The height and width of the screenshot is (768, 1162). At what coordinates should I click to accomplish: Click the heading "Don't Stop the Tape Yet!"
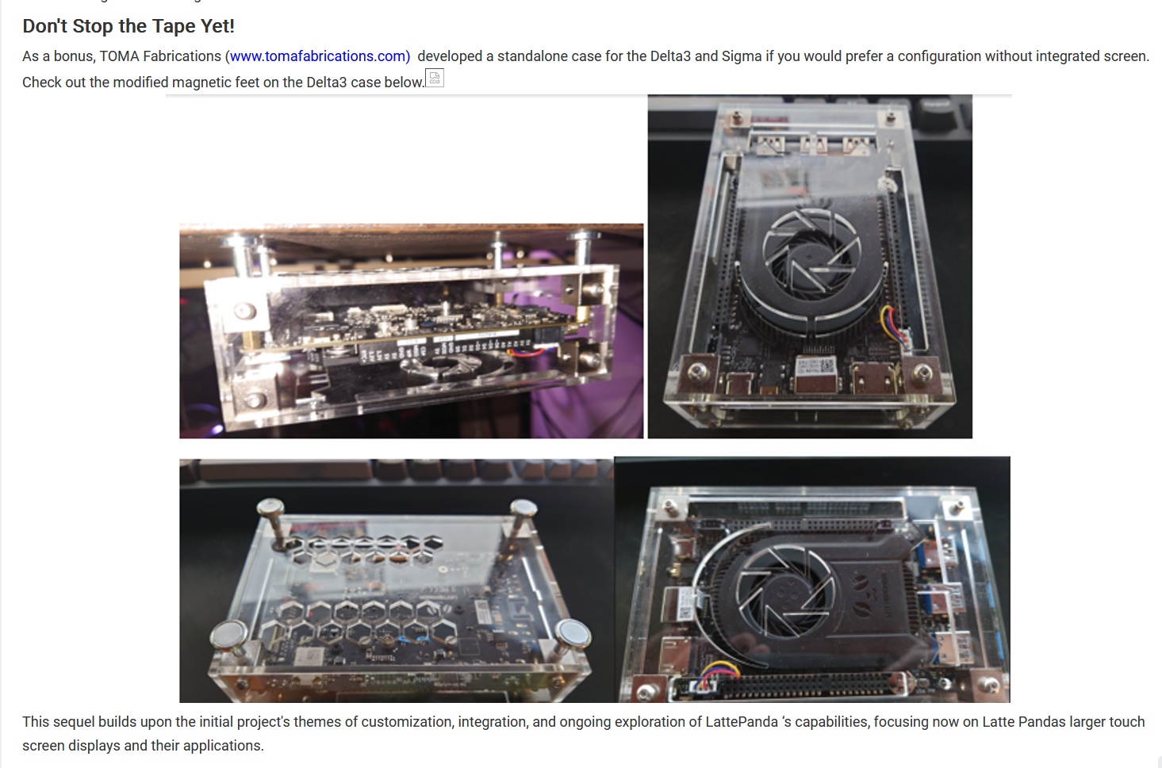128,26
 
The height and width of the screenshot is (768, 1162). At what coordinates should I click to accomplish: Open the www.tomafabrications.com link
320,56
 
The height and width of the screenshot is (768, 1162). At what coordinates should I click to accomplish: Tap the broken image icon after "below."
435,79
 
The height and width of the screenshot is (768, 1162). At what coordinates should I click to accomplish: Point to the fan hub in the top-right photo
812,254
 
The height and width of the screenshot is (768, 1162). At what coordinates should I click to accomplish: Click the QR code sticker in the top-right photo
817,367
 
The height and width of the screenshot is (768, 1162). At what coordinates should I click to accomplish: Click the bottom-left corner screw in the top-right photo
698,371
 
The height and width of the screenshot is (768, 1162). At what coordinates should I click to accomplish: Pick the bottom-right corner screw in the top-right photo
922,371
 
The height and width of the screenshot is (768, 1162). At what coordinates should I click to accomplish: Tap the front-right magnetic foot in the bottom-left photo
573,635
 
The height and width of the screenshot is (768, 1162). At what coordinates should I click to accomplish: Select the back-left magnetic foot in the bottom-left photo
270,507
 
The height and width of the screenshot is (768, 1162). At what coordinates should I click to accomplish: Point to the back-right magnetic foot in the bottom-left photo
523,508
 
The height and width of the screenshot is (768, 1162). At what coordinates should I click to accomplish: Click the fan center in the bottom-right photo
784,593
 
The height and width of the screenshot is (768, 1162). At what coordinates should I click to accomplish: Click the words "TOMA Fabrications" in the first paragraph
160,56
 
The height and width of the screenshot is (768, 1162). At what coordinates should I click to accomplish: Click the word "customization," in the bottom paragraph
407,722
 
